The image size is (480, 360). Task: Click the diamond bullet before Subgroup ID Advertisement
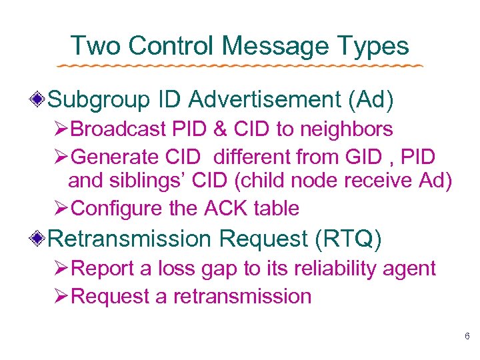click(41, 100)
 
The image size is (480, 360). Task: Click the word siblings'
click(142, 181)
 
